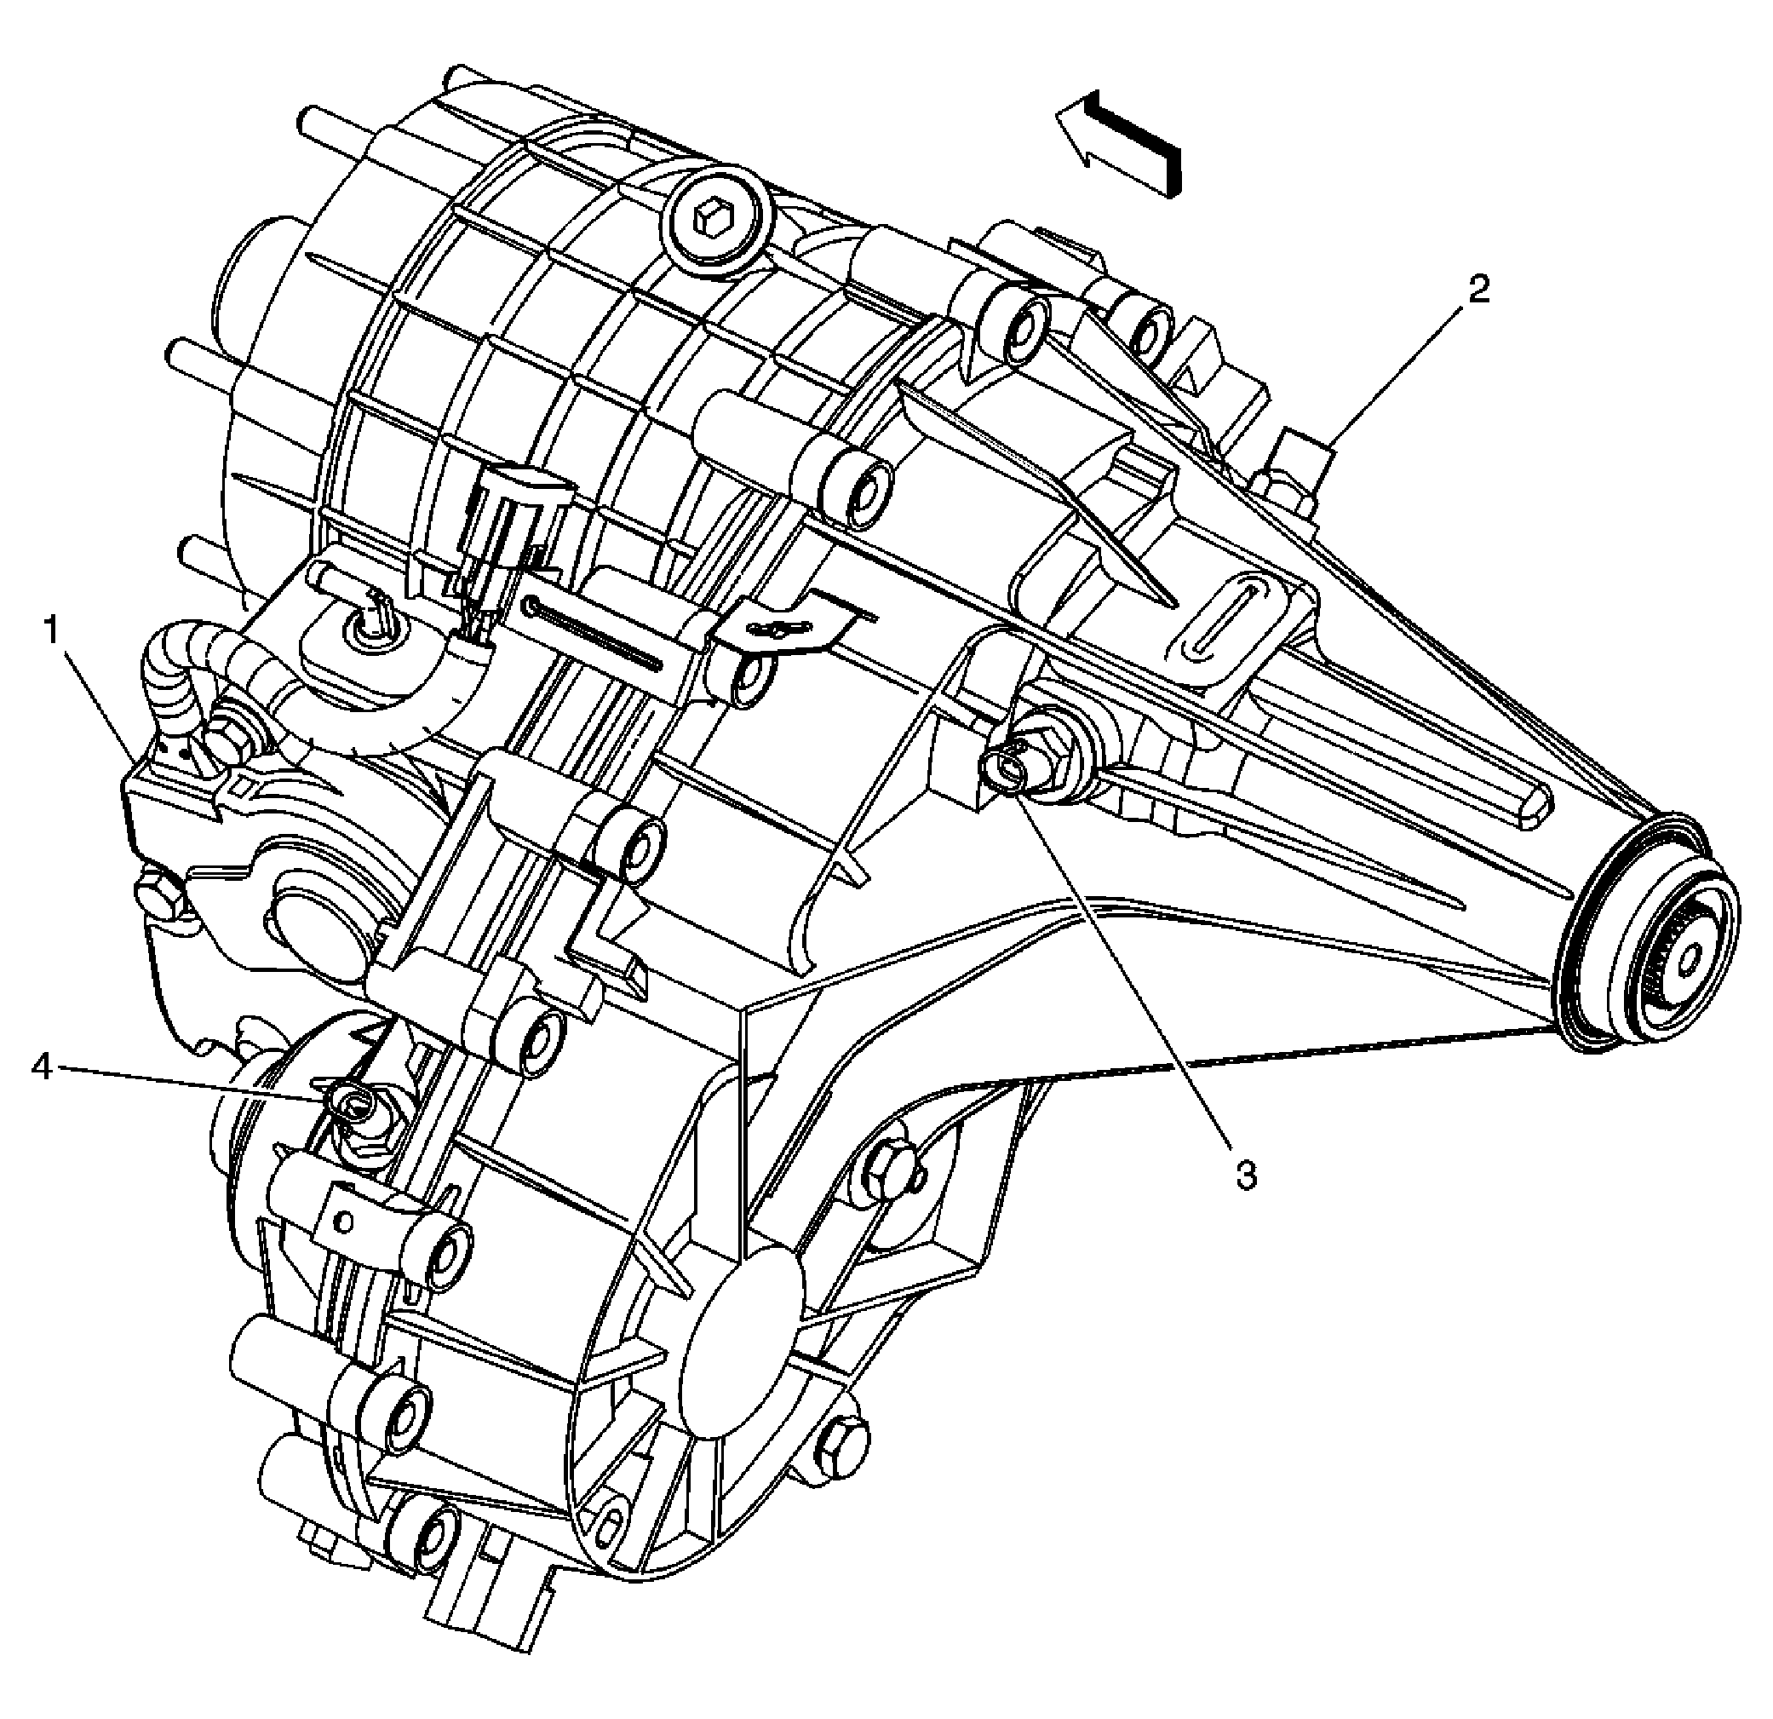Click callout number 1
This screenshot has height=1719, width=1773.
point(54,630)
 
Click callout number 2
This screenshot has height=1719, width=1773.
point(1478,290)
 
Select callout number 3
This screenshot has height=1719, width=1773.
point(1247,1176)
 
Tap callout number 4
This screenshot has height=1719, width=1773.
point(42,1068)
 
